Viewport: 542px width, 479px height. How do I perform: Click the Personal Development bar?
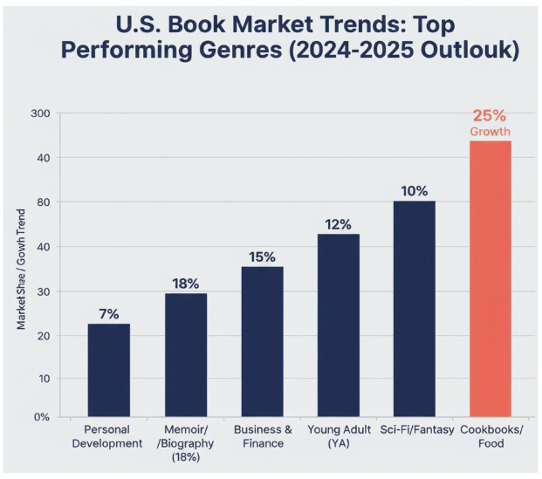coord(109,370)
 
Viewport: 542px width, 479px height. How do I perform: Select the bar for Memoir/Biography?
coord(185,354)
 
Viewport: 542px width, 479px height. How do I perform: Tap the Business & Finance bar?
coord(262,341)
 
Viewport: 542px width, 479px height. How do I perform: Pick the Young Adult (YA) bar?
coord(338,325)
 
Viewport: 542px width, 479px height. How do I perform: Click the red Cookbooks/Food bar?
coord(490,278)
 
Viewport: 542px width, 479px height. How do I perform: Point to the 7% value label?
coord(109,312)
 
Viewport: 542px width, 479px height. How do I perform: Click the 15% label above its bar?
coord(262,257)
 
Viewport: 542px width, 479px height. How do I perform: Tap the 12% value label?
coord(338,223)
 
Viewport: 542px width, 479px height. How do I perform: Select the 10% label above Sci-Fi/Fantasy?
coord(414,190)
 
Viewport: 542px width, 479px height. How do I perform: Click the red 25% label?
coord(490,115)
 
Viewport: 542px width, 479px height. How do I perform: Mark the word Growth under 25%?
coord(490,132)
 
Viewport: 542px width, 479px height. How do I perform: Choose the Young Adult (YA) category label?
coord(338,436)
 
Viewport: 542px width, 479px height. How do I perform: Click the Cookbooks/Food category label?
coord(490,436)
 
